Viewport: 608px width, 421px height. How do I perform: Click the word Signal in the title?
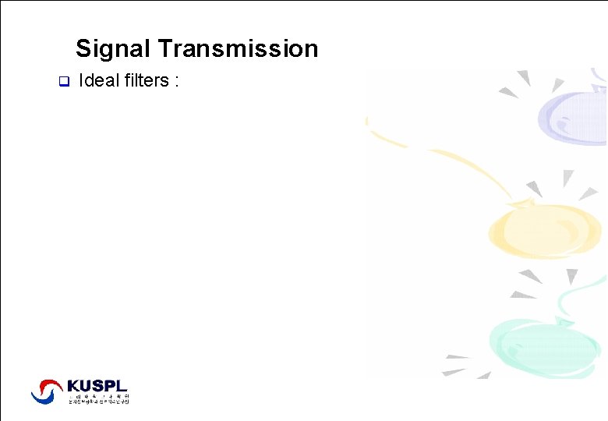pyautogui.click(x=114, y=49)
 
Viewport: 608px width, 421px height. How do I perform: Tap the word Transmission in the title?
pyautogui.click(x=238, y=49)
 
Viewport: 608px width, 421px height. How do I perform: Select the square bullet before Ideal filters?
pyautogui.click(x=64, y=81)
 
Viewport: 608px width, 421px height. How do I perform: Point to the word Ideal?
pyautogui.click(x=99, y=80)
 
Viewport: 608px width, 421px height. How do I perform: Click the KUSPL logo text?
pyautogui.click(x=97, y=386)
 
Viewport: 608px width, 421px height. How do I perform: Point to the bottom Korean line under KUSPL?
pyautogui.click(x=97, y=401)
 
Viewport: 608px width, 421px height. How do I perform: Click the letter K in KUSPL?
pyautogui.click(x=73, y=386)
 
